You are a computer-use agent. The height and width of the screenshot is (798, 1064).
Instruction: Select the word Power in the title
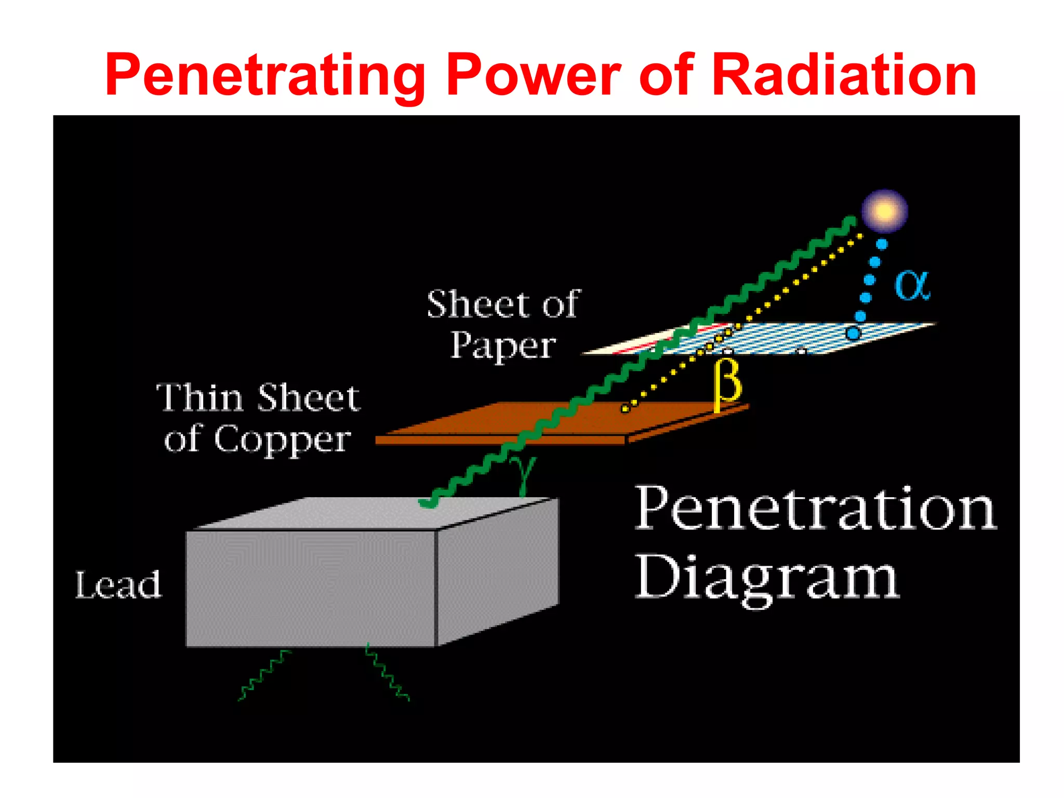click(533, 75)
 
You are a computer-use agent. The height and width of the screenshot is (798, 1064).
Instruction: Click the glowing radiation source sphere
click(884, 211)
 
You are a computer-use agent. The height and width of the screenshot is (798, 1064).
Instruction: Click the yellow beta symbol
click(727, 384)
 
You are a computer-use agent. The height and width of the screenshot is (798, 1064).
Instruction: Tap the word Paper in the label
click(503, 346)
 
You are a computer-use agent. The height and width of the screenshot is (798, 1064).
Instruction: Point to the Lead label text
click(118, 585)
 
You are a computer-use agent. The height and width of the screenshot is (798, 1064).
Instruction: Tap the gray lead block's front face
click(311, 588)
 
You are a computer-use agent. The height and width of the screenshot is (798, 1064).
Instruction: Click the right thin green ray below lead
click(387, 673)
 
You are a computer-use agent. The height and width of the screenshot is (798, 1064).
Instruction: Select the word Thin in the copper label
click(199, 398)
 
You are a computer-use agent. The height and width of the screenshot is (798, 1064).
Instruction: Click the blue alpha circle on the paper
click(853, 333)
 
